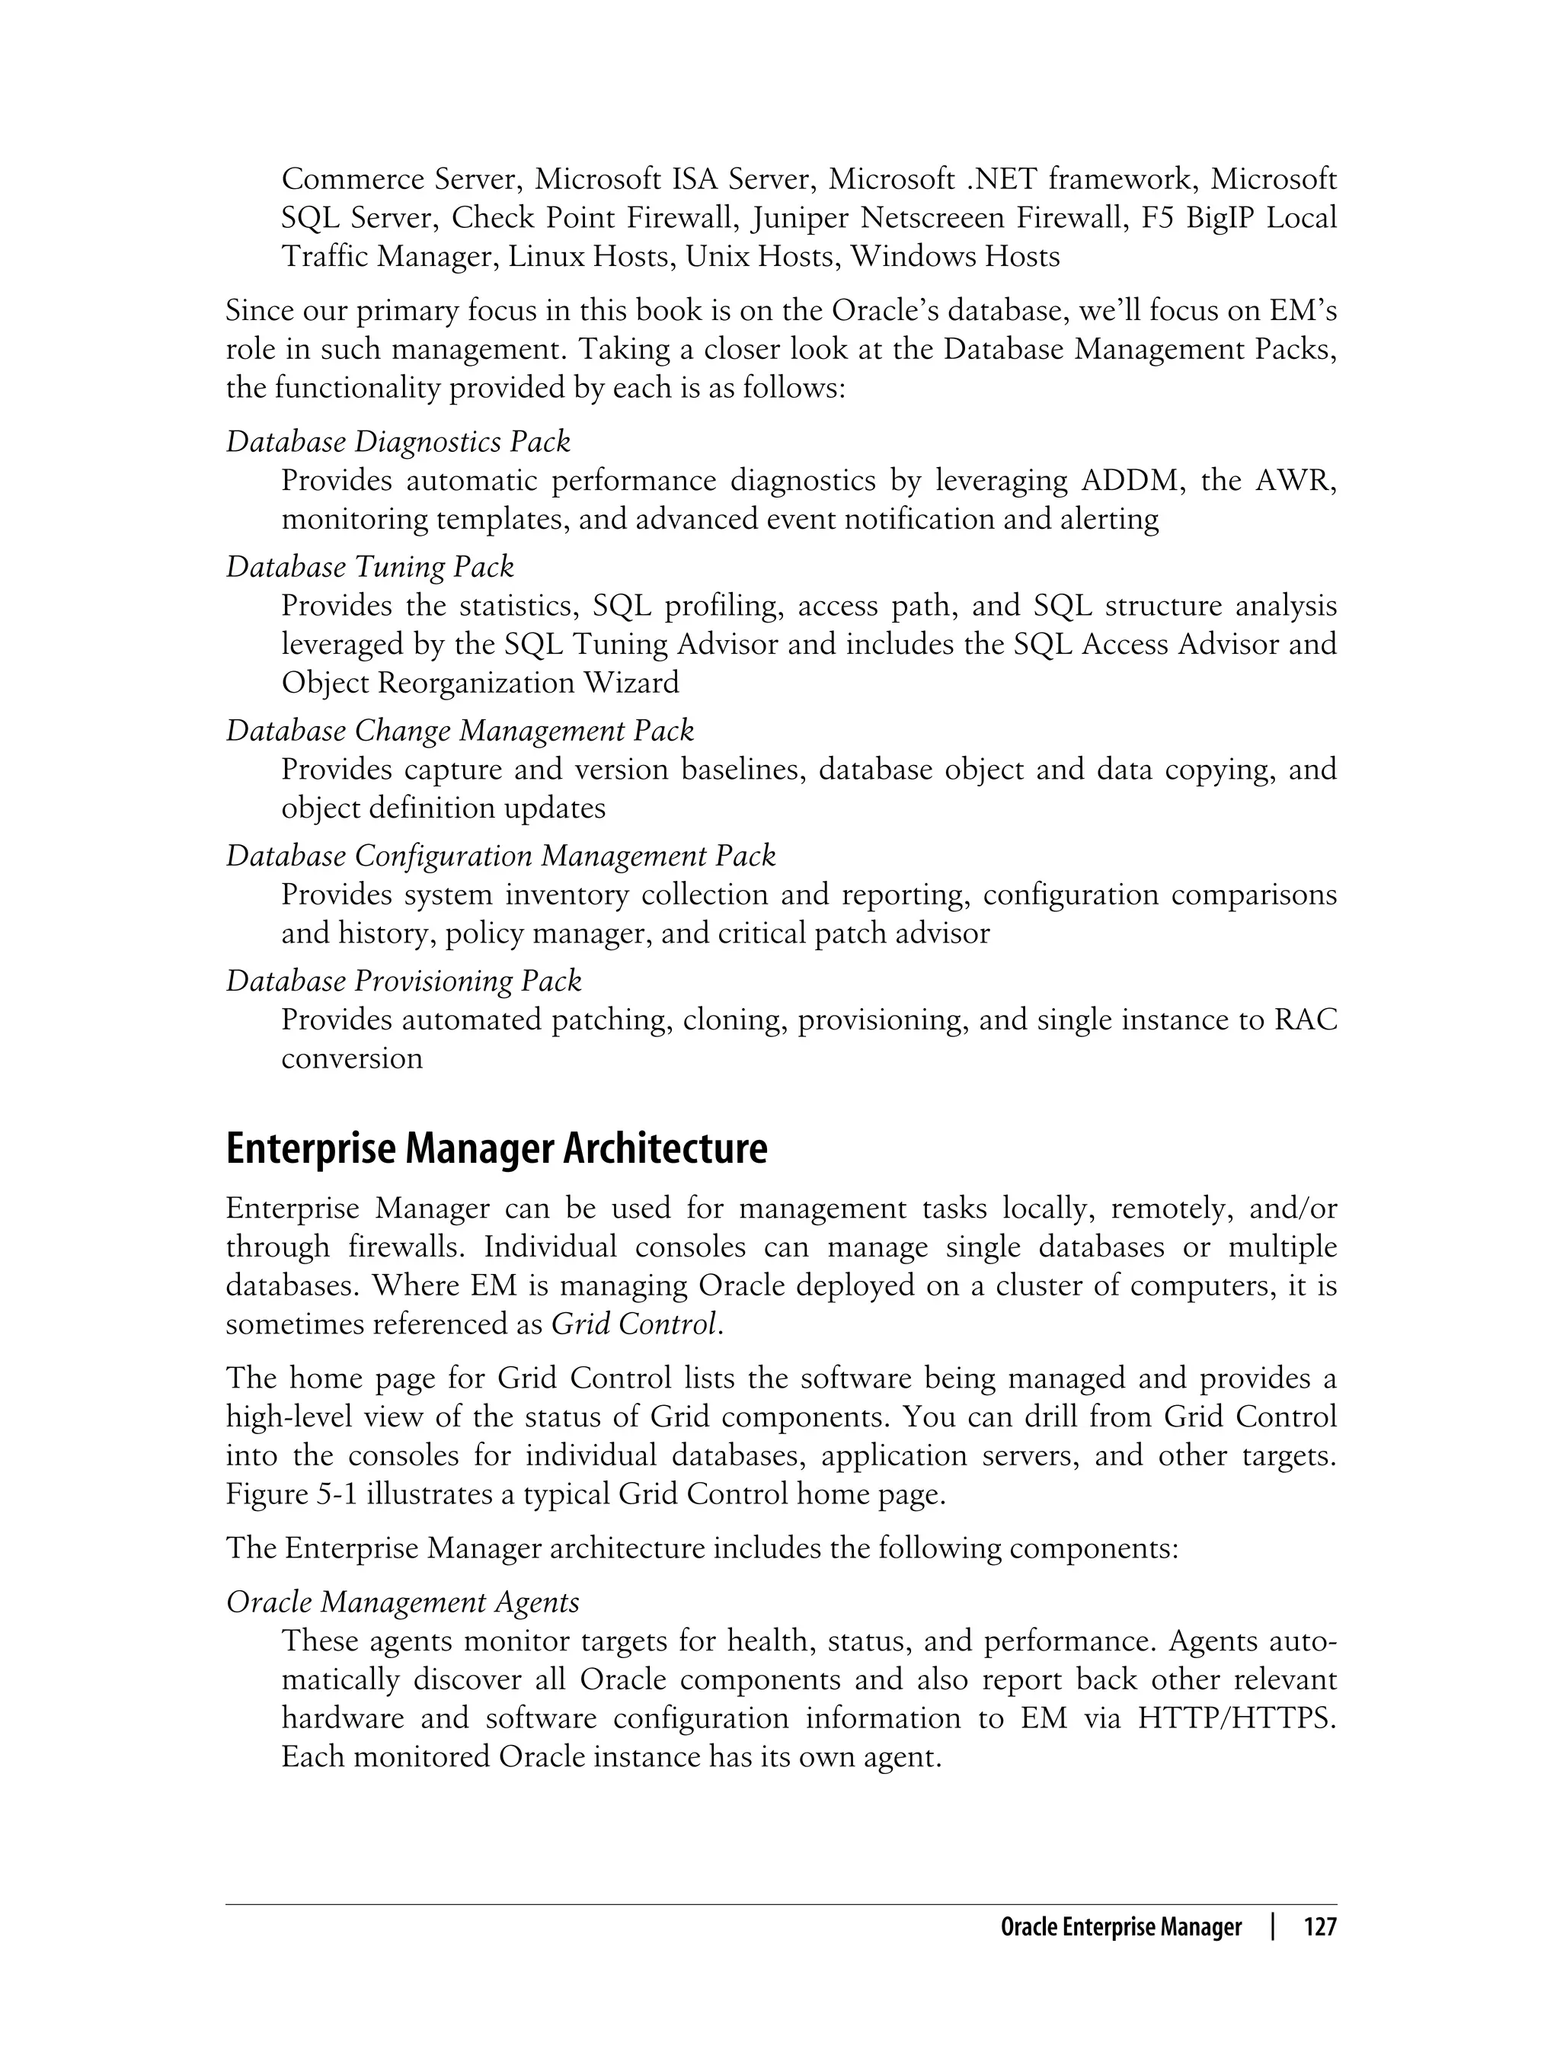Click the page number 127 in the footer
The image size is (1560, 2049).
(x=1319, y=1927)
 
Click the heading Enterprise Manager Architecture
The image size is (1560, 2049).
(x=496, y=1149)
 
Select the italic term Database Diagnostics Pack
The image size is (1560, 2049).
(x=398, y=442)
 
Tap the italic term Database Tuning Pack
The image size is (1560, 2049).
(x=369, y=567)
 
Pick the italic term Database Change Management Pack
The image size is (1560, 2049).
(x=459, y=731)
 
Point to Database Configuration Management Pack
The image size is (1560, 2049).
(x=500, y=856)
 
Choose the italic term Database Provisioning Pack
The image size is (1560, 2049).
(x=403, y=981)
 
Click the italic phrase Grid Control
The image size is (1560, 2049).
(x=635, y=1324)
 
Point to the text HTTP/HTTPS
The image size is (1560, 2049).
(x=1237, y=1718)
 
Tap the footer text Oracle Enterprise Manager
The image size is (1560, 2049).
(x=1120, y=1927)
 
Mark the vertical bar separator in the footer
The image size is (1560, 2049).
(x=1273, y=1927)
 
